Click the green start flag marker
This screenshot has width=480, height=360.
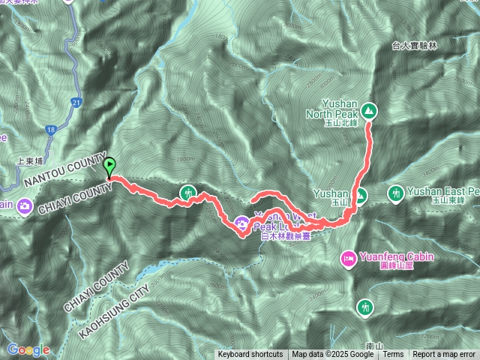pos(110,167)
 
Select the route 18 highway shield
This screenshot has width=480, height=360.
pos(49,130)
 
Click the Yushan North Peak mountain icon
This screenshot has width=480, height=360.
pos(369,111)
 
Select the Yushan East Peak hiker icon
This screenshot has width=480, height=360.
pos(395,194)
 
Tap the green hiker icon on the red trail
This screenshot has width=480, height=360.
pos(188,193)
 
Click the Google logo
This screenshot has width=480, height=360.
pos(28,349)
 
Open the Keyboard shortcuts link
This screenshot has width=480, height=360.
pos(250,355)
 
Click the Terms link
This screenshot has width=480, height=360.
pos(394,355)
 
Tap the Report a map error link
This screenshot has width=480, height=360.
pos(444,355)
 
